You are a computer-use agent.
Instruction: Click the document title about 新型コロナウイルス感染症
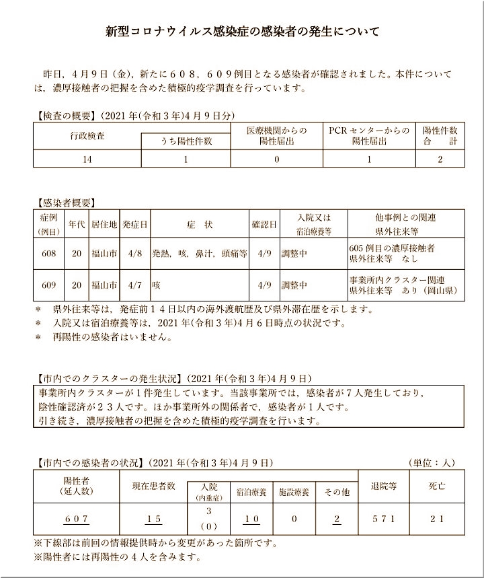point(242,32)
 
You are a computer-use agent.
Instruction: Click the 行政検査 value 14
point(87,159)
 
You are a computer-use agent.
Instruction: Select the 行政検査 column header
point(87,135)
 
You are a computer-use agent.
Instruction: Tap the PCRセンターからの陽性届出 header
point(368,136)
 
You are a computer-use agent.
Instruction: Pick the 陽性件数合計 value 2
point(440,159)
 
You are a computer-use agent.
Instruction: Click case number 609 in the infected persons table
point(48,285)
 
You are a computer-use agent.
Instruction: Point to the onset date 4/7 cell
point(134,285)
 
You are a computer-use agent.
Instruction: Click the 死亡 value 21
point(437,519)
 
